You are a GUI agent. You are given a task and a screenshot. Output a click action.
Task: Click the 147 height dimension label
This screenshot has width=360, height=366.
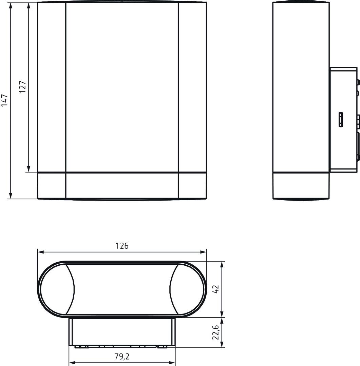pos(5,101)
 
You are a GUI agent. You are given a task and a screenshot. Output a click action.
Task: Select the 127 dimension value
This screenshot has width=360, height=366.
pos(22,87)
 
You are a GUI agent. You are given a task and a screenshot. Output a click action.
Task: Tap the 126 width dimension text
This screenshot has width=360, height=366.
pos(122,246)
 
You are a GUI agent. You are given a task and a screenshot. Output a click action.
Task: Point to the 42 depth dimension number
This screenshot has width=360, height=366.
pos(216,289)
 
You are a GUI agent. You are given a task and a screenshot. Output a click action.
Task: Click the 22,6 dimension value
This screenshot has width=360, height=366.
pos(216,332)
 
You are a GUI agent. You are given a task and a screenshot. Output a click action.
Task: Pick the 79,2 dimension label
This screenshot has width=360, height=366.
pos(122,357)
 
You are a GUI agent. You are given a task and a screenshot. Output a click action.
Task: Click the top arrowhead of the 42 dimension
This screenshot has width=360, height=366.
pos(222,264)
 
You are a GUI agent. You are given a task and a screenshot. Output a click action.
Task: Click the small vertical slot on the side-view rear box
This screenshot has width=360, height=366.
pos(341,120)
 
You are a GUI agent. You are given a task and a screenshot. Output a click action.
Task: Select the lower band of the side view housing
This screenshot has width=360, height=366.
pos(301,186)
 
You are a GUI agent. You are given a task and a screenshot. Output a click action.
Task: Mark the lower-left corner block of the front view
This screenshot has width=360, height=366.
pos(52,186)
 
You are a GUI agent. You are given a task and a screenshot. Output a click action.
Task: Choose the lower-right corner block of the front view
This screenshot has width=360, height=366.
pos(192,186)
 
